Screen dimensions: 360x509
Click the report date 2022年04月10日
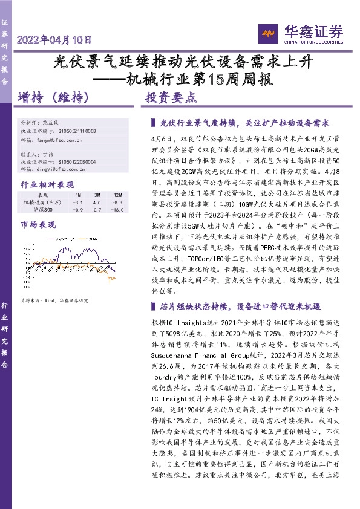pyautogui.click(x=54, y=41)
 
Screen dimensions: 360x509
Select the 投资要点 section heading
pyautogui.click(x=171, y=97)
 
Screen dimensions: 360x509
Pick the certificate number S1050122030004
pyautogui.click(x=78, y=162)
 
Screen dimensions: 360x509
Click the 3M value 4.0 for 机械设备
pyautogui.click(x=98, y=202)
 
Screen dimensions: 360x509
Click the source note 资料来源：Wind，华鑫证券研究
pyautogui.click(x=54, y=300)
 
